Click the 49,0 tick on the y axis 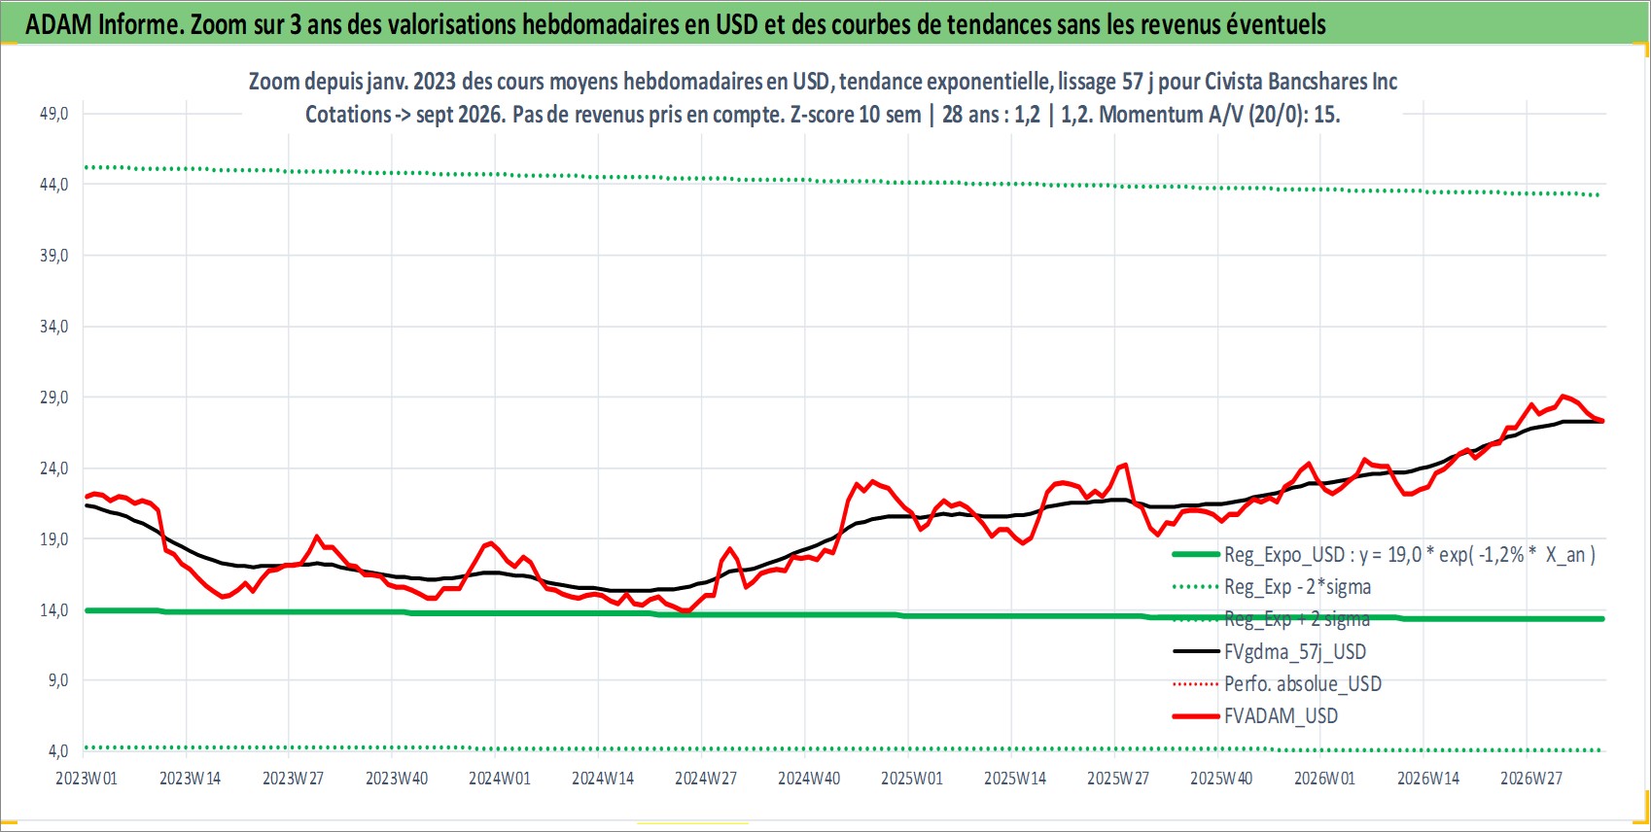point(53,114)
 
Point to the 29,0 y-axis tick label point(53,398)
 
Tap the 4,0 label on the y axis point(58,751)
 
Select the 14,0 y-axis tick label point(53,610)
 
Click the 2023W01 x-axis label point(87,779)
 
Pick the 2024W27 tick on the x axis point(706,779)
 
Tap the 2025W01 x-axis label point(912,779)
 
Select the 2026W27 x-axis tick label point(1531,779)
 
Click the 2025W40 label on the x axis point(1222,779)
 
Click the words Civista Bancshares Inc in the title point(1301,81)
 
